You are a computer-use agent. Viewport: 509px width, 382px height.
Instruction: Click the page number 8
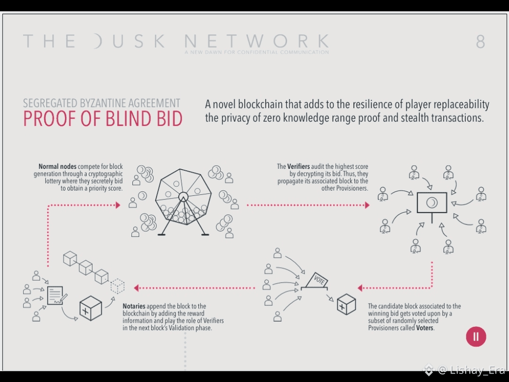tap(480, 42)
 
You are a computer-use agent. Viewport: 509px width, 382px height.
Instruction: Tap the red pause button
tap(476, 336)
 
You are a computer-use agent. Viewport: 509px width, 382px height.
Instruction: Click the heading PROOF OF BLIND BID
tap(103, 119)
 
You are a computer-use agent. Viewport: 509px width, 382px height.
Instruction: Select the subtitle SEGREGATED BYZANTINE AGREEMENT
tap(102, 103)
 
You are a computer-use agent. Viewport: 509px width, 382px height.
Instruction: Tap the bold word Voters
tap(425, 328)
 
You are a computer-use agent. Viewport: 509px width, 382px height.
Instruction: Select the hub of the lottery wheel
tap(183, 197)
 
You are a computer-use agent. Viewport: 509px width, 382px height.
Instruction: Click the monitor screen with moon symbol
tap(431, 203)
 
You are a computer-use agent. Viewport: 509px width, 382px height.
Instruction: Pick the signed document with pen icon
tap(57, 296)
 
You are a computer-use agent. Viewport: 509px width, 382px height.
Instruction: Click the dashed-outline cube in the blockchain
tap(117, 286)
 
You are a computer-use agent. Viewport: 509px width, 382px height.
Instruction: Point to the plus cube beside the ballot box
tap(346, 304)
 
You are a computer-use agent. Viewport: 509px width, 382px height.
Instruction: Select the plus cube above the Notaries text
tap(90, 307)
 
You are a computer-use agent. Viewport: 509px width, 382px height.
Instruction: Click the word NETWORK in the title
tap(257, 41)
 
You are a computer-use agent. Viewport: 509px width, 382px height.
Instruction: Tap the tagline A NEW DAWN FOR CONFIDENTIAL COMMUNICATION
tap(257, 52)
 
